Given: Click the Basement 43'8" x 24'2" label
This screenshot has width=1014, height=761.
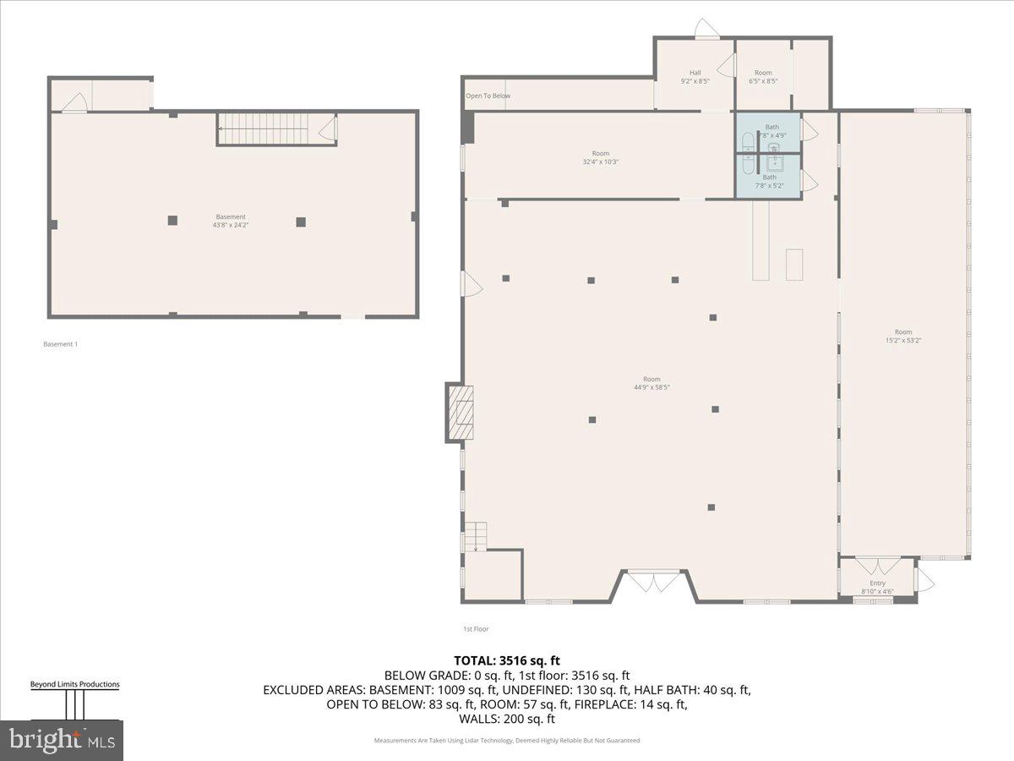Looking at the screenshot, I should (231, 221).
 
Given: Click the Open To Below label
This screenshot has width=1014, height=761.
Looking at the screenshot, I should (488, 96).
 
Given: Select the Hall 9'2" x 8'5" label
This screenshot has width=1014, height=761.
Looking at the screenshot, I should (695, 77).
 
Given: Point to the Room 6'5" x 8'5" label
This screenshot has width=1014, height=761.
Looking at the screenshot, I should (763, 77).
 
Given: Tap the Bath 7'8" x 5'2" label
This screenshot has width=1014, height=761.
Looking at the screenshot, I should (769, 181).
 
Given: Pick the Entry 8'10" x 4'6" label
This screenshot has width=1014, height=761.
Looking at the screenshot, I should (877, 587).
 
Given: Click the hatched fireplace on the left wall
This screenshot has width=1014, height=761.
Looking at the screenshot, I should (460, 413).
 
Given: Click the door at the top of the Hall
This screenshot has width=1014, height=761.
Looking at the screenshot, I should (706, 30).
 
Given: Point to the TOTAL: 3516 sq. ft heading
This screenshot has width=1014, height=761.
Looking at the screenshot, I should (507, 660).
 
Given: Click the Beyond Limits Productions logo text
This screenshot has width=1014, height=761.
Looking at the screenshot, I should (74, 684).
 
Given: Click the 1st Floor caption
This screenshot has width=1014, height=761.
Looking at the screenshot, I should (475, 629).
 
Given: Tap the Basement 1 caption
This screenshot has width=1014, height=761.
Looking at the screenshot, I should (60, 344).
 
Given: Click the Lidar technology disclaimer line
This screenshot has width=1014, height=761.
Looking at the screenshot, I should (507, 741).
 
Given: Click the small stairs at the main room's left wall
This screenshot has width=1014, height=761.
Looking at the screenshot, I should (476, 537).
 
